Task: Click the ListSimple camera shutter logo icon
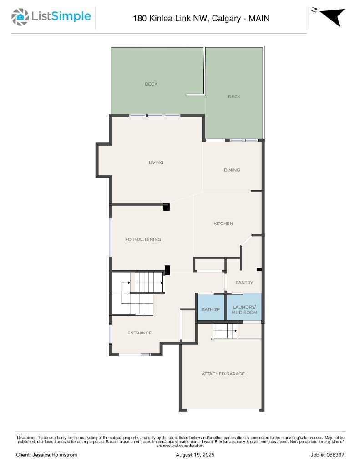click(x=20, y=17)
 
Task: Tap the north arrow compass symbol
click(x=333, y=17)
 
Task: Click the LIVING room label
click(x=156, y=162)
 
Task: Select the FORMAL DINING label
click(x=143, y=239)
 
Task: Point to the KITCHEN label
click(x=223, y=223)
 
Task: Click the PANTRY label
click(x=244, y=282)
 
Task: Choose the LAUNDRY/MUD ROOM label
click(x=244, y=309)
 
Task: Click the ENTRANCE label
click(x=139, y=333)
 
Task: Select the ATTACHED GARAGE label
click(x=223, y=374)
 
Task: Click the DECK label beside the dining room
click(x=234, y=96)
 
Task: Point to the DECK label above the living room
click(x=151, y=84)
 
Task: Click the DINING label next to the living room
click(x=232, y=170)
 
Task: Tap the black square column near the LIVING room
click(x=166, y=207)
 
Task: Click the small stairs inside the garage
click(x=225, y=331)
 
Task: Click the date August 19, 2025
click(x=195, y=455)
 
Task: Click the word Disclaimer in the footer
click(x=26, y=438)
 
